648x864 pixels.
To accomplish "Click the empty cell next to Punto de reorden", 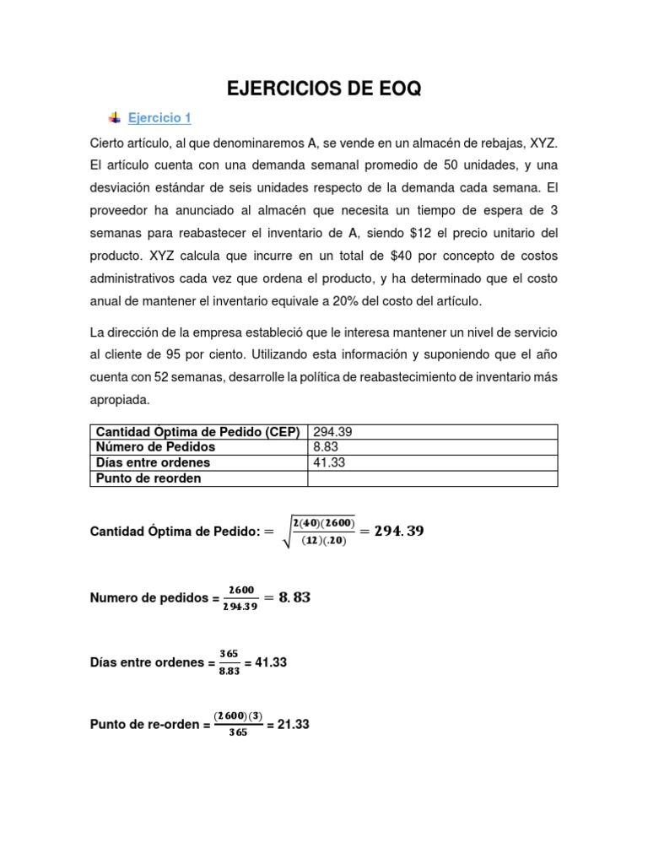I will [432, 478].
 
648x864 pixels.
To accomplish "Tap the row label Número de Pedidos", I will [156, 447].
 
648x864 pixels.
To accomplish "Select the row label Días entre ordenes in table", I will [154, 463].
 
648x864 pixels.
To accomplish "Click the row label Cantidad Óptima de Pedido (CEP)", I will [198, 431].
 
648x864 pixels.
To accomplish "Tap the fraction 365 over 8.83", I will [229, 662].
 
